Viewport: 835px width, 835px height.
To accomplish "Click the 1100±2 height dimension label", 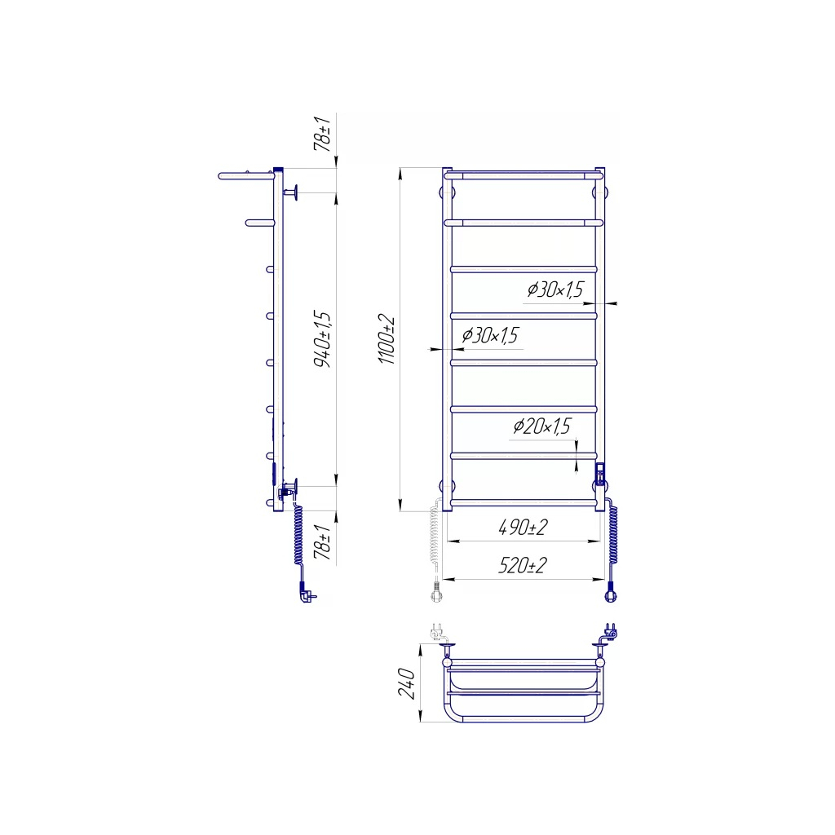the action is pyautogui.click(x=387, y=340).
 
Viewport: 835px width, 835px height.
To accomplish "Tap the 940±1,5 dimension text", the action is pyautogui.click(x=322, y=339).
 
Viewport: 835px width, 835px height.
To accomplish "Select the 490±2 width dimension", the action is pyautogui.click(x=523, y=528).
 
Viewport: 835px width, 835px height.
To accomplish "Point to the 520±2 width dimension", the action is pyautogui.click(x=523, y=565).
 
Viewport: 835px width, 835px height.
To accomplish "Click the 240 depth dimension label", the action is pyautogui.click(x=406, y=683).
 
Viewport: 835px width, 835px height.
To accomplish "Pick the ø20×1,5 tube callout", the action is pyautogui.click(x=541, y=426).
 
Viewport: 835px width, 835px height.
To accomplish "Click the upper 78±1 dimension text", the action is pyautogui.click(x=322, y=133).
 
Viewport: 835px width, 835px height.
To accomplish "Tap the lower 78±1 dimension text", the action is pyautogui.click(x=322, y=541).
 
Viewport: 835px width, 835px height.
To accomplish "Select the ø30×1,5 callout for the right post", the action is pyautogui.click(x=555, y=289).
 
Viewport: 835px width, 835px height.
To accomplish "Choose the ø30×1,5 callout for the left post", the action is pyautogui.click(x=490, y=335).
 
